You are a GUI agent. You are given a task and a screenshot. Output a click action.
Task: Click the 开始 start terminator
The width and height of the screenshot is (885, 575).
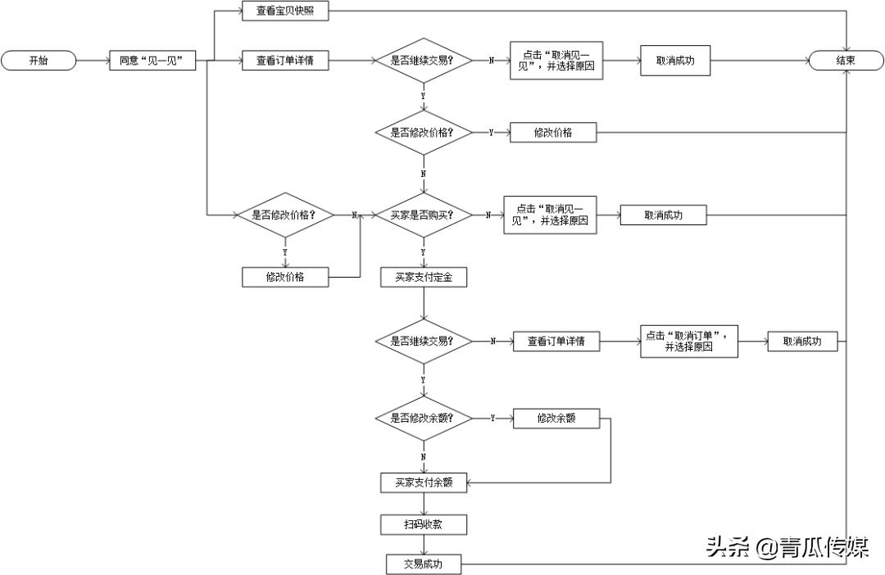click(39, 61)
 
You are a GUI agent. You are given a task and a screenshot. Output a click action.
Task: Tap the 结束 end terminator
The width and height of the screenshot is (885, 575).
click(846, 61)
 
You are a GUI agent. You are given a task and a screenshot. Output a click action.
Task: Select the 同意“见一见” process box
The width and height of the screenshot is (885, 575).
click(152, 61)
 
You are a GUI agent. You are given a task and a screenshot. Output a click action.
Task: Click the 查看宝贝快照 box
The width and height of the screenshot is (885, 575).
click(285, 10)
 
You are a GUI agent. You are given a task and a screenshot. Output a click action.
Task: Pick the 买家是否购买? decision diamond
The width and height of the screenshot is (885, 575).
click(423, 215)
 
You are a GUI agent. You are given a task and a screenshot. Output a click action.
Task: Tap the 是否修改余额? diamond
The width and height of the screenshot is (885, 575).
click(423, 418)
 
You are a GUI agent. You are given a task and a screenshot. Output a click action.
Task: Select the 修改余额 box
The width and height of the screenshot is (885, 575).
click(556, 418)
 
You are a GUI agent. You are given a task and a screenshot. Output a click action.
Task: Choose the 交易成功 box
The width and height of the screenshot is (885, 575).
click(424, 564)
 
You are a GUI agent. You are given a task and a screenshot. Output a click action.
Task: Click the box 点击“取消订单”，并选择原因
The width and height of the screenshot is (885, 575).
click(688, 341)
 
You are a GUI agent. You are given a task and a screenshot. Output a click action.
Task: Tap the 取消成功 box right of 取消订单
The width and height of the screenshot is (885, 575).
click(802, 341)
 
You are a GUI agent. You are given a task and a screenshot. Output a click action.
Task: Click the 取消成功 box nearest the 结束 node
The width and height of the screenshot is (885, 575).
click(675, 61)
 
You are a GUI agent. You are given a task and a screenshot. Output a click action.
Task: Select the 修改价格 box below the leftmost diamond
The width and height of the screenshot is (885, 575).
click(285, 277)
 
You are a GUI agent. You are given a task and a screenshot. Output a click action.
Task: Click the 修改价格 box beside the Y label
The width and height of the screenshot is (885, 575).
click(553, 132)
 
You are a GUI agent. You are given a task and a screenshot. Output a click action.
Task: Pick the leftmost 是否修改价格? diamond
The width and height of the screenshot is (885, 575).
click(284, 215)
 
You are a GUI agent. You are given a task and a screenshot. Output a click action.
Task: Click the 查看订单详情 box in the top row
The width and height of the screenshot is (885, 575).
click(285, 61)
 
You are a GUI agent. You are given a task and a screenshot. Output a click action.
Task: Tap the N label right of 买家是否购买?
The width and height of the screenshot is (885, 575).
click(488, 215)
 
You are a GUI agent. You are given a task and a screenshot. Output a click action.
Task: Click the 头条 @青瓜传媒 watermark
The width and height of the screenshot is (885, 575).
click(787, 547)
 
